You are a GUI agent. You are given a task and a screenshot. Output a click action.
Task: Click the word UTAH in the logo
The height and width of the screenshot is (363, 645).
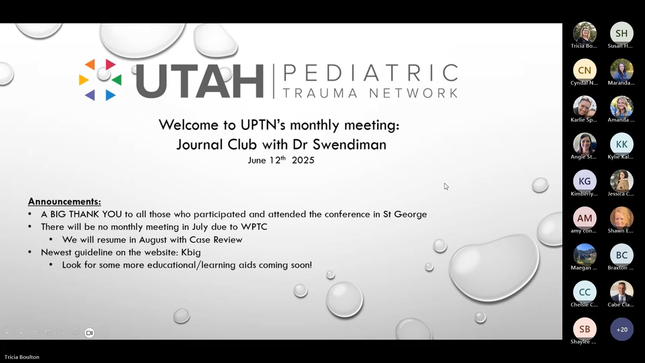pyautogui.click(x=200, y=81)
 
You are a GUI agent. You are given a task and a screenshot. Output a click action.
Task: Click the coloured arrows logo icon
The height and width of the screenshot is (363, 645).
pyautogui.click(x=100, y=80)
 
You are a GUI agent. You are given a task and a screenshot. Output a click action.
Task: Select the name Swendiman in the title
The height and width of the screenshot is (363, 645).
pyautogui.click(x=349, y=145)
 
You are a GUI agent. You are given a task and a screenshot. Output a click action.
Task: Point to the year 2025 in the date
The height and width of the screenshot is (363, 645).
pyautogui.click(x=303, y=160)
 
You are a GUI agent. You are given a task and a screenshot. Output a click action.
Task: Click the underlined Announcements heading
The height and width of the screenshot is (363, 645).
pyautogui.click(x=64, y=201)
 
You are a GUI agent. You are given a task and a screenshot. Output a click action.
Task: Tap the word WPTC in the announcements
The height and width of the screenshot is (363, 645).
pyautogui.click(x=254, y=227)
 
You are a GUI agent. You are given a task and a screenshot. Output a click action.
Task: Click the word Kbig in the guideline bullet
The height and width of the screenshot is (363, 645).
pyautogui.click(x=191, y=252)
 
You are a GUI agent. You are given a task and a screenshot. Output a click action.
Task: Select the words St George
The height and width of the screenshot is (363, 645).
pyautogui.click(x=405, y=214)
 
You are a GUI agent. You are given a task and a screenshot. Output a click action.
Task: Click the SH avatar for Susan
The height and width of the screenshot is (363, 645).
pyautogui.click(x=621, y=33)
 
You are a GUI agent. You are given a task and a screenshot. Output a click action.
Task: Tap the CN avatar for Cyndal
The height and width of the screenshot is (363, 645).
pyautogui.click(x=585, y=70)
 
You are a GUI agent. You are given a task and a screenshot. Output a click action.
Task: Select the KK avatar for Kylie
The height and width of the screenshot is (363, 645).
pyautogui.click(x=621, y=144)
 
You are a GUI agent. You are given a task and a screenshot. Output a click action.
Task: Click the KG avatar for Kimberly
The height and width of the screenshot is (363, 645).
pyautogui.click(x=585, y=181)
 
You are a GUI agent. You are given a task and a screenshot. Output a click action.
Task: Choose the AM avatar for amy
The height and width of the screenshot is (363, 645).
pyautogui.click(x=585, y=218)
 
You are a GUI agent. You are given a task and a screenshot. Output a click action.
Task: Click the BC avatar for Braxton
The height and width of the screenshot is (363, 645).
pyautogui.click(x=621, y=255)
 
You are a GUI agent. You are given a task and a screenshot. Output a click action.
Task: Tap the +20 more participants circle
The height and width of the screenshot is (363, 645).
pyautogui.click(x=621, y=329)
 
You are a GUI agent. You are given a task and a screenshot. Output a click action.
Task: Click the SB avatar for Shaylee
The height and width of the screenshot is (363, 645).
pyautogui.click(x=585, y=329)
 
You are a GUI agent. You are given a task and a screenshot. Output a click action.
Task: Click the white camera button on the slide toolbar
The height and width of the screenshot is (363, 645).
pyautogui.click(x=89, y=333)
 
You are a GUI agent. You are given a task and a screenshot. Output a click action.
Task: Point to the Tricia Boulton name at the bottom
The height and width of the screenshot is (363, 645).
pyautogui.click(x=22, y=357)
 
